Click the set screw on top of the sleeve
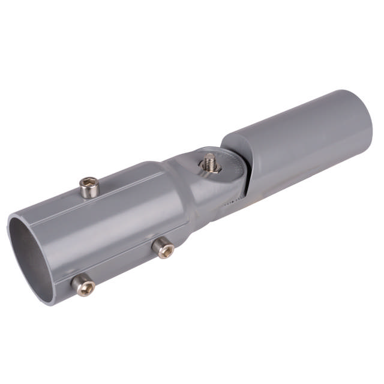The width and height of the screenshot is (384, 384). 89,188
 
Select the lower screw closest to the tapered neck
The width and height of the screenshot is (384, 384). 163,248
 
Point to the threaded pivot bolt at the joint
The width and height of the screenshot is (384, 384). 210,161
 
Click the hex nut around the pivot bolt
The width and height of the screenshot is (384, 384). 210,169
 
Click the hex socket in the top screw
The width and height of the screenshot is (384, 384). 89,182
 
